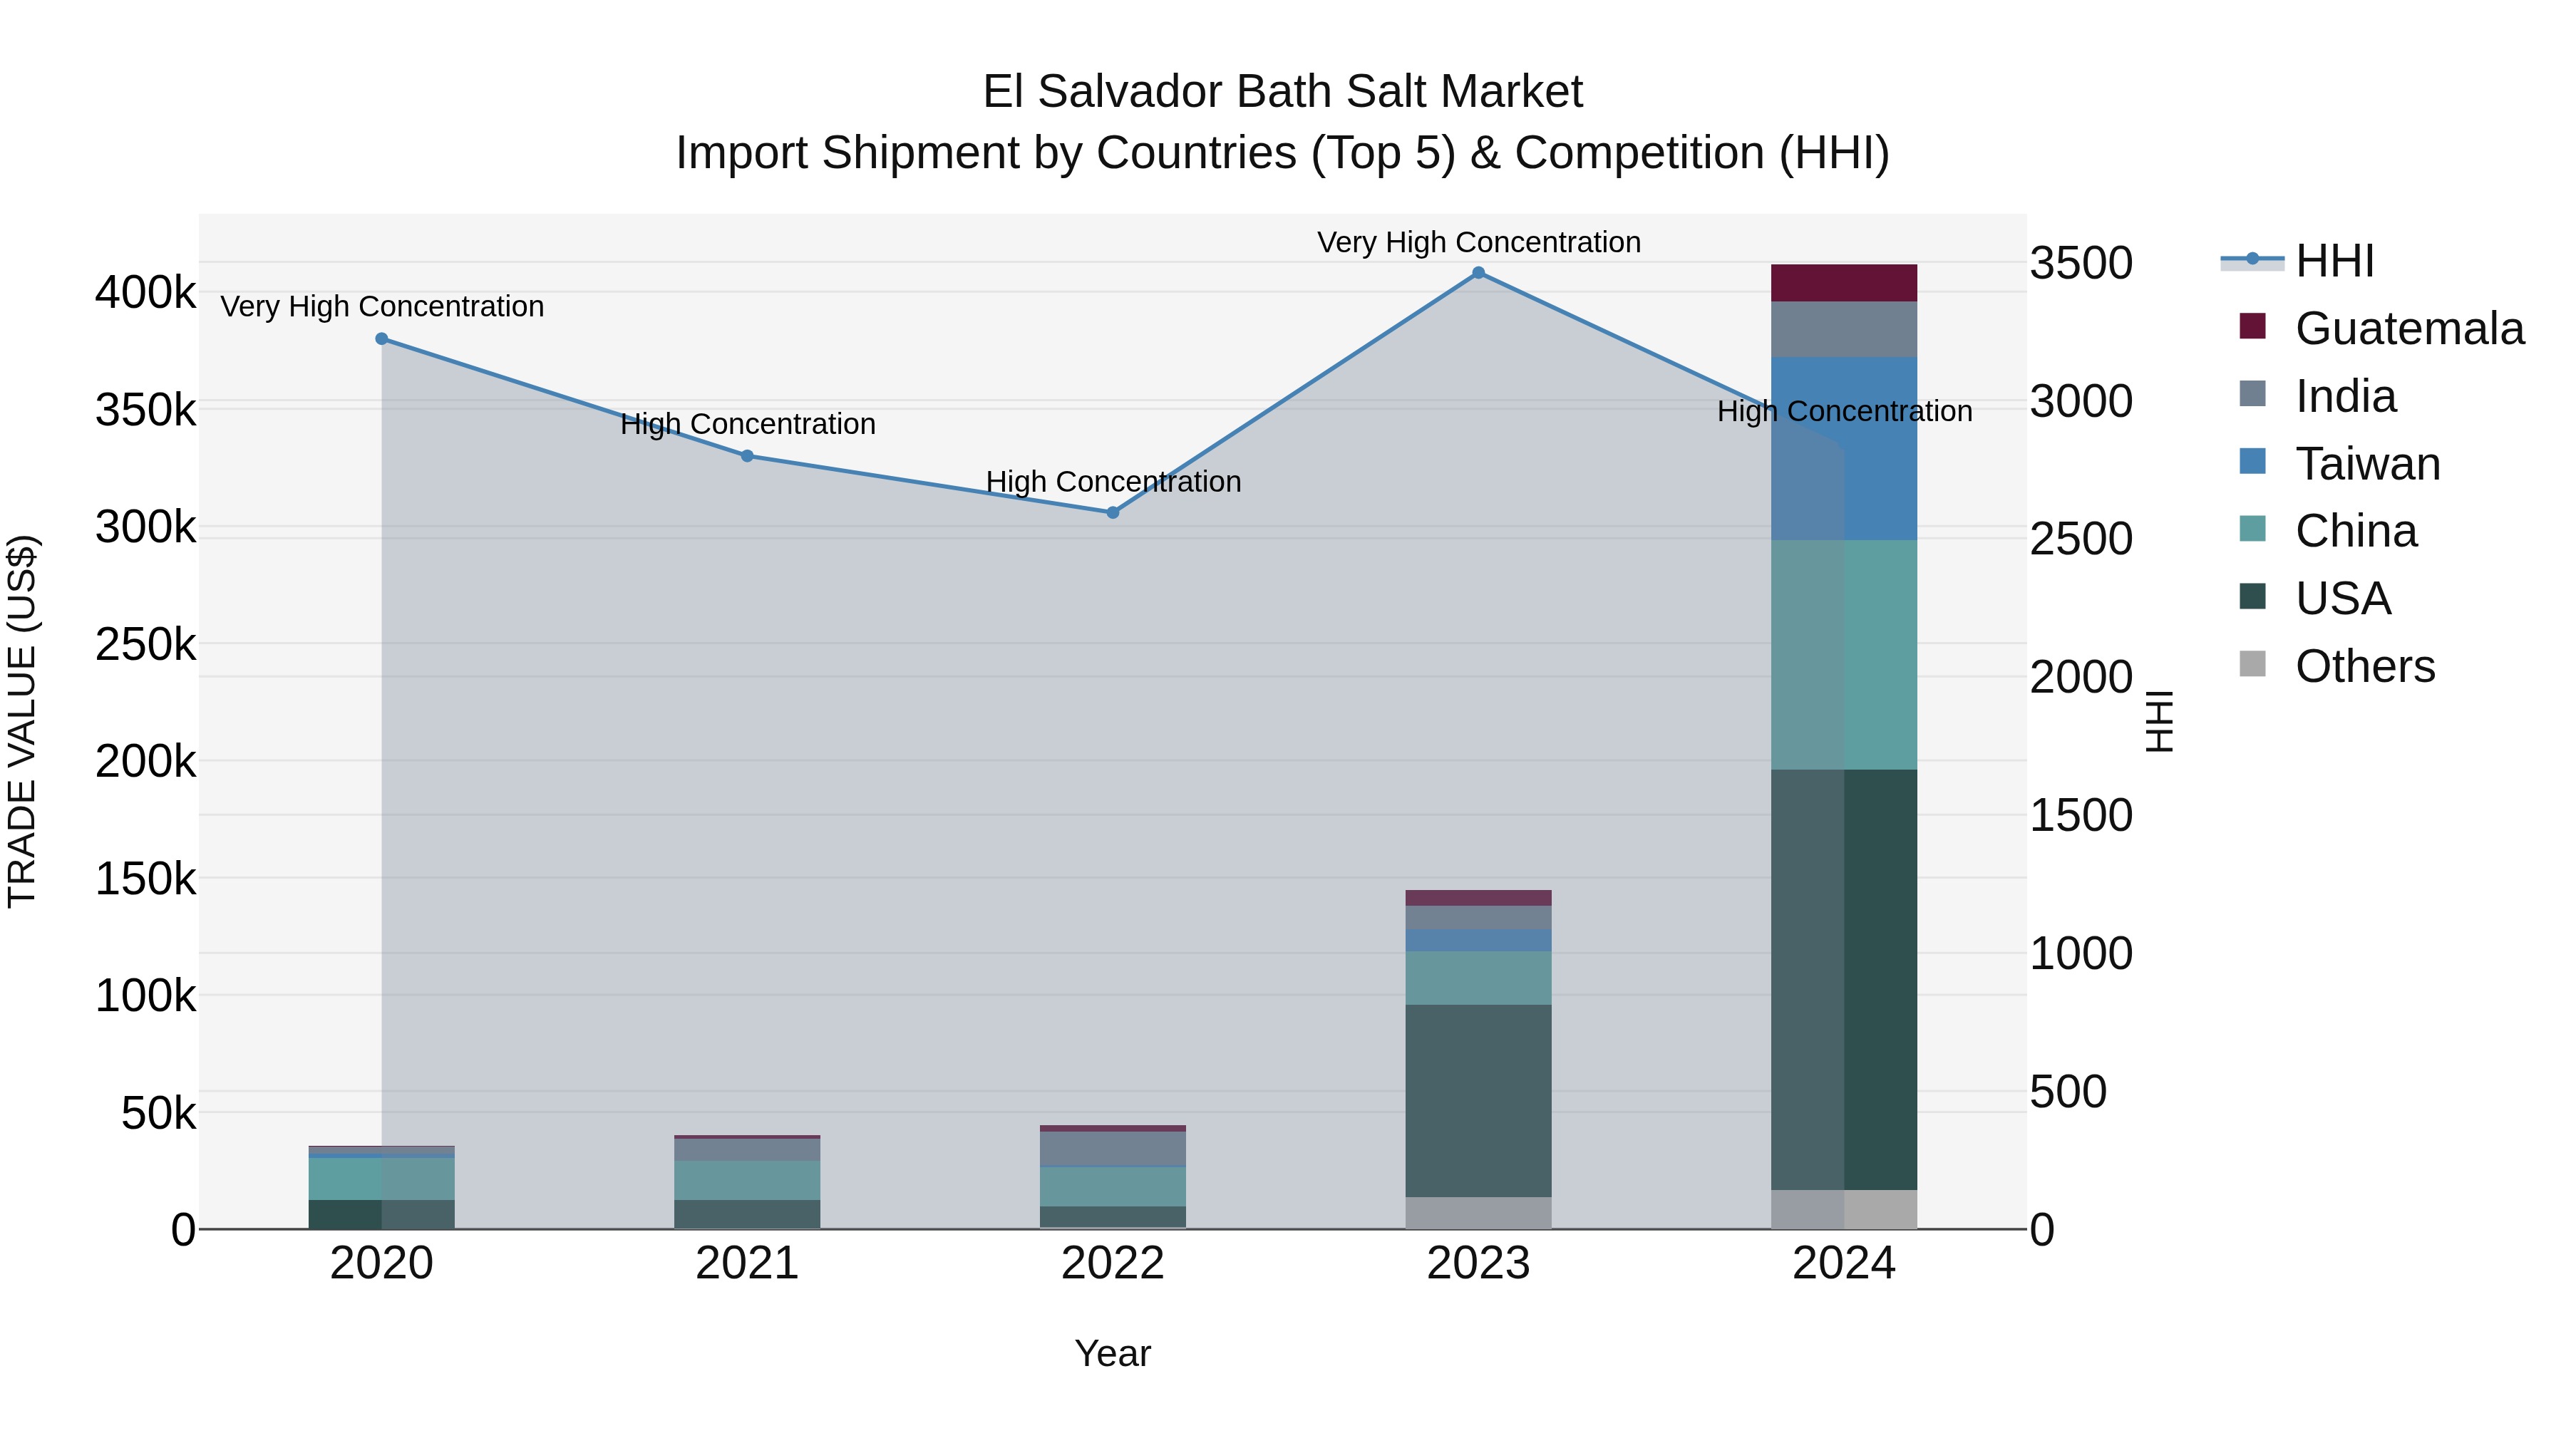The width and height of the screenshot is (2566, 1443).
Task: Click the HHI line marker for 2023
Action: (1478, 273)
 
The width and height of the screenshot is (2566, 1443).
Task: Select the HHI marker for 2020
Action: (381, 338)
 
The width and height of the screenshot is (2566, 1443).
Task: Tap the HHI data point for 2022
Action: (1113, 513)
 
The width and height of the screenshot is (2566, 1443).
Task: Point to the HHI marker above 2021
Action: (747, 456)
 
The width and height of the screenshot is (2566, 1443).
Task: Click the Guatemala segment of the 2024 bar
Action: (1844, 283)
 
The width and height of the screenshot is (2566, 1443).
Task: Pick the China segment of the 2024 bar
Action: (1844, 654)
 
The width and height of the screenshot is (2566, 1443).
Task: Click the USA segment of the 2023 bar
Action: (1478, 1100)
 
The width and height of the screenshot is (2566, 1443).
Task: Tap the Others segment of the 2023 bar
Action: (1478, 1213)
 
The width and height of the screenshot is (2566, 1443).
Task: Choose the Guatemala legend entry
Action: (2408, 329)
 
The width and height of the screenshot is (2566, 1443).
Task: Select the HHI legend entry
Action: (2334, 261)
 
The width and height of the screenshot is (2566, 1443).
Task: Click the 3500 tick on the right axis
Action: (2081, 264)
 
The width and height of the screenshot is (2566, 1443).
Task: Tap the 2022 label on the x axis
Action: (1113, 1263)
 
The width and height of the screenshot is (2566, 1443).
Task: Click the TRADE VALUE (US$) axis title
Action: (22, 721)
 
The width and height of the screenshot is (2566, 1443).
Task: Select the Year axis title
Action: (1113, 1353)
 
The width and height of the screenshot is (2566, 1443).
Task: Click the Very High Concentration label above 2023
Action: (1478, 242)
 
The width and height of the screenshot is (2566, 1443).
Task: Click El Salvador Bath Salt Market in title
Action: (1282, 92)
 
